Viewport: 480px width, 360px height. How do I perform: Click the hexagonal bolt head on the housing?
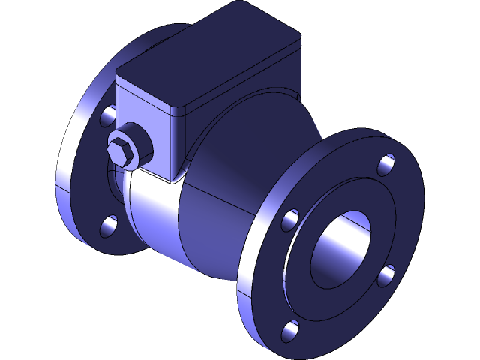[x=122, y=151]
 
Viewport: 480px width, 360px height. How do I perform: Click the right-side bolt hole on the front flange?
[x=385, y=275]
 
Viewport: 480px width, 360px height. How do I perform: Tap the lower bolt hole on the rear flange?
[x=109, y=224]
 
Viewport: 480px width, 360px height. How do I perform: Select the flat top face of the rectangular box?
[x=210, y=56]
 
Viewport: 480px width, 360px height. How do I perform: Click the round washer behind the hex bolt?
[x=137, y=150]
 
